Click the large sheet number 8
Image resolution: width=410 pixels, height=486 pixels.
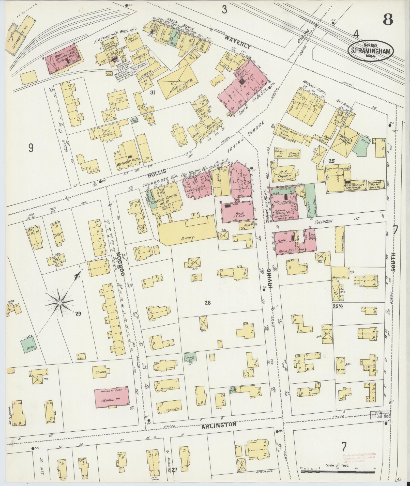(x=388, y=19)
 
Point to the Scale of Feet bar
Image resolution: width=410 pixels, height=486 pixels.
(x=338, y=472)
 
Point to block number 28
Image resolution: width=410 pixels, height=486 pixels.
(x=208, y=302)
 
